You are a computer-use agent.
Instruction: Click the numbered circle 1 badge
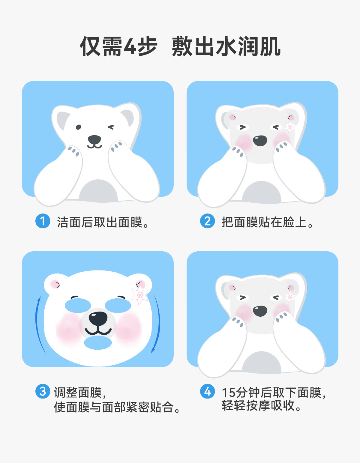[x=43, y=221]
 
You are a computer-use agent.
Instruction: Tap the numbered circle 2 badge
[x=207, y=221]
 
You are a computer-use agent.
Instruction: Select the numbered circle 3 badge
[x=43, y=391]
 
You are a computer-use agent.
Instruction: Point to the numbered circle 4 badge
[x=207, y=391]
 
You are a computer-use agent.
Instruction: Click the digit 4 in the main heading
[x=130, y=46]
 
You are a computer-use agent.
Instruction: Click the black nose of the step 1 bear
[x=94, y=140]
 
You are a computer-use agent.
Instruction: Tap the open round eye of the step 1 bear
[x=78, y=127]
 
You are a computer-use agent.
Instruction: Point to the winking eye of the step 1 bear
[x=111, y=127]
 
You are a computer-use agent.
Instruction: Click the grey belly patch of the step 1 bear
[x=98, y=191]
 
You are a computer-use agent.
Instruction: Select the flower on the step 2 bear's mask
[x=290, y=127]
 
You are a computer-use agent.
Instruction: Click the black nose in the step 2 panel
[x=260, y=141]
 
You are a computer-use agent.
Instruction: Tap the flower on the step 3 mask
[x=140, y=295]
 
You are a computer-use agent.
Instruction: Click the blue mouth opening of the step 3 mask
[x=98, y=343]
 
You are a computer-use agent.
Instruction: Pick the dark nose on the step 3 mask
[x=98, y=318]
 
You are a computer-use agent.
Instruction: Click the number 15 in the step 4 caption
[x=229, y=393]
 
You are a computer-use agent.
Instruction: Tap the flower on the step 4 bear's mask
[x=290, y=297]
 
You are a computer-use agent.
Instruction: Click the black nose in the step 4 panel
[x=260, y=311]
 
